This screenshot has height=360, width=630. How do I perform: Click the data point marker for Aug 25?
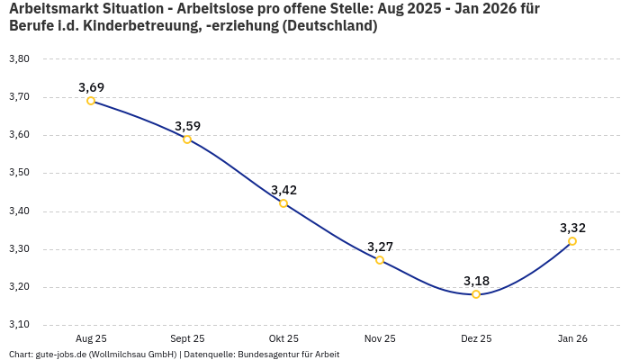pos(91,101)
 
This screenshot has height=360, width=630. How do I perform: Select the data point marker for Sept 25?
pos(187,139)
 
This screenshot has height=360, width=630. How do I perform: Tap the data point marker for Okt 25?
pos(283,203)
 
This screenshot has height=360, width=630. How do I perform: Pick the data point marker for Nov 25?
pos(380,260)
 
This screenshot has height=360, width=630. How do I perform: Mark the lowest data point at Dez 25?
pos(476,294)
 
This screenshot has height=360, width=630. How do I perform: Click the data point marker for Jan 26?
pos(572,241)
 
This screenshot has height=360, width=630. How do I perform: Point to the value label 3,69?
pos(91,87)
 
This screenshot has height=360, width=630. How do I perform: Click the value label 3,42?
pos(283,190)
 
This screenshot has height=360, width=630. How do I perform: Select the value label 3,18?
pos(476,281)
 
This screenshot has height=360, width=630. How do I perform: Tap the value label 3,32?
pos(572,228)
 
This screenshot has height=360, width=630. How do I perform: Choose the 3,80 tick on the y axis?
pos(19,59)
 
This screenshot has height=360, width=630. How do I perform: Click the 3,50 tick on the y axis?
pos(19,173)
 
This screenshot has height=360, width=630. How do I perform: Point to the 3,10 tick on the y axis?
pos(19,325)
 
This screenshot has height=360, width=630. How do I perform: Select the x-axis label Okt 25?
pos(283,338)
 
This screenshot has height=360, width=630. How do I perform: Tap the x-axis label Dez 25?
pos(476,338)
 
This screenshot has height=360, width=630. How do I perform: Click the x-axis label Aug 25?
pos(91,338)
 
